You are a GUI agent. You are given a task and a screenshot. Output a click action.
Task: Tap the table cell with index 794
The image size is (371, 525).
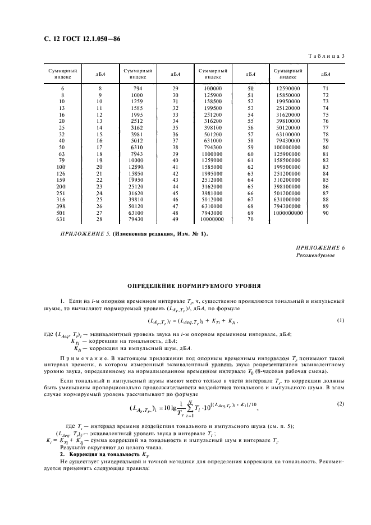(137, 89)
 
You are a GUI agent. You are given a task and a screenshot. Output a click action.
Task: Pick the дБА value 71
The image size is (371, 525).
(325, 89)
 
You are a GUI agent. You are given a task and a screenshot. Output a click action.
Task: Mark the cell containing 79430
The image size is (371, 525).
(137, 220)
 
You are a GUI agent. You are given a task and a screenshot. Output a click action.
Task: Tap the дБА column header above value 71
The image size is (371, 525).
(325, 73)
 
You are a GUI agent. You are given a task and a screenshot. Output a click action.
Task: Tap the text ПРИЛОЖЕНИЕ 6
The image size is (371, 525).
(320, 247)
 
